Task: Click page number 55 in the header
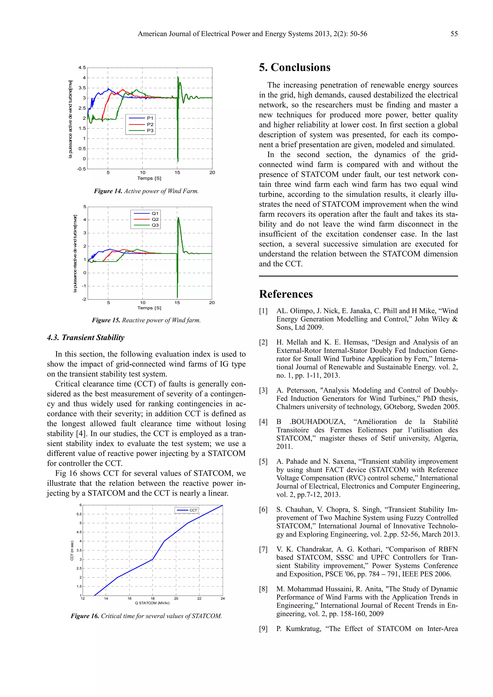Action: (454, 34)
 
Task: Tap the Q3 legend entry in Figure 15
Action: (155, 225)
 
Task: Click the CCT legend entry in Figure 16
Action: (193, 510)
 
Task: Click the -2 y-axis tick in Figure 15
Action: (84, 299)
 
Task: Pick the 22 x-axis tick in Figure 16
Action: (199, 598)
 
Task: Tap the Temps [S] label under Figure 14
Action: (149, 178)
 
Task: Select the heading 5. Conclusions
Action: (294, 67)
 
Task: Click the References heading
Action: (285, 294)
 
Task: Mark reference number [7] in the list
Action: (263, 549)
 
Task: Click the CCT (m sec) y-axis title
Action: (72, 550)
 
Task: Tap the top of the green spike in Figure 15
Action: (178, 218)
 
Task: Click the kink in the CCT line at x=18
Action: (152, 559)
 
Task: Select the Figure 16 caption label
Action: (85, 616)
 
